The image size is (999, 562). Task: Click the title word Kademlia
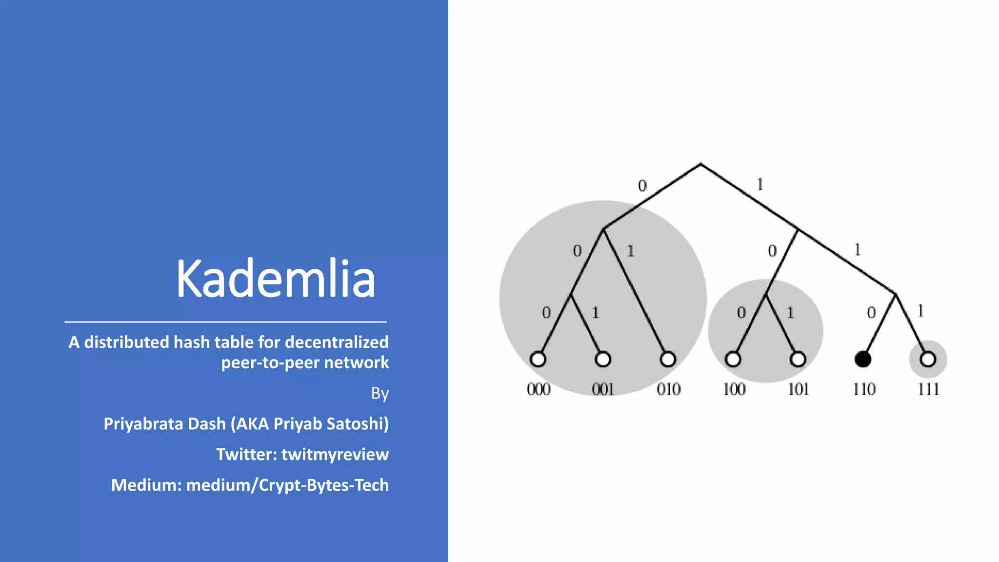coord(276,279)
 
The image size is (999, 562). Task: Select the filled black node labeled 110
coord(863,360)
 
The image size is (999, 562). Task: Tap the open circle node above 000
coord(538,360)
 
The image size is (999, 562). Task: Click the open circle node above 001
coord(603,360)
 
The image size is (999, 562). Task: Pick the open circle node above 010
coord(668,360)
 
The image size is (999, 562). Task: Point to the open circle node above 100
coord(733,360)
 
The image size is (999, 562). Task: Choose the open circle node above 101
coord(798,360)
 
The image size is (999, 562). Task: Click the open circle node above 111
coord(928,360)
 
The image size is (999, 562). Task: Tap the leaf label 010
coord(668,389)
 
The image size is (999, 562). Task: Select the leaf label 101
coord(799,389)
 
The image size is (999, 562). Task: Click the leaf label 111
coord(928,389)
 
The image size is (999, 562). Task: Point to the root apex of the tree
coord(700,164)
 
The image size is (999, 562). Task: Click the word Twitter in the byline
coord(246,454)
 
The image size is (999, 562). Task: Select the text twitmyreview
coord(335,454)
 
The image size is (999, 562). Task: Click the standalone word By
coord(380,393)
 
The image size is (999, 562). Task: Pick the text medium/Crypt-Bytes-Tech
coord(287,485)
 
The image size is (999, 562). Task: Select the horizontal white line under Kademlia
coord(225,322)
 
